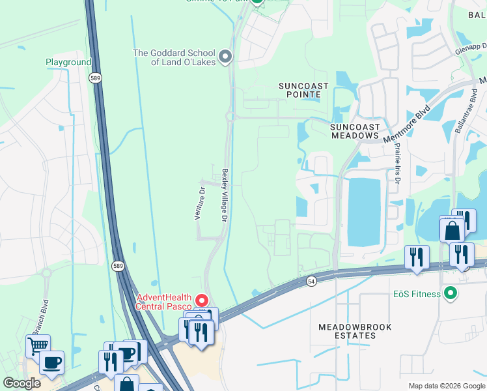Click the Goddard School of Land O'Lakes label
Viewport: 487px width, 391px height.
(x=174, y=57)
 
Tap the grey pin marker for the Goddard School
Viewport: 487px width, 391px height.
(x=226, y=57)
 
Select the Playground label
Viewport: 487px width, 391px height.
(x=68, y=63)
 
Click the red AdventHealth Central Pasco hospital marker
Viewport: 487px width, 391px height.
(x=202, y=300)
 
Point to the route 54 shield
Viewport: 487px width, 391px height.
(x=311, y=280)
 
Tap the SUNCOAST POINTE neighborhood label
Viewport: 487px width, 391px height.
(x=300, y=90)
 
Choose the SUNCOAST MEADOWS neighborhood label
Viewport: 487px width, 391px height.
(x=354, y=130)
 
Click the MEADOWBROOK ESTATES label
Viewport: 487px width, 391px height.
(x=347, y=330)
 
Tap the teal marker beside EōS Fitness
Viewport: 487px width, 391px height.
(x=449, y=293)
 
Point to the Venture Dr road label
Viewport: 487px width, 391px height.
(x=201, y=203)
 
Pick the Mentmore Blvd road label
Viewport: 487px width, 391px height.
(x=407, y=123)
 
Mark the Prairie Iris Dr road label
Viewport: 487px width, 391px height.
(x=395, y=163)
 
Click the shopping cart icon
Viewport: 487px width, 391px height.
(x=38, y=345)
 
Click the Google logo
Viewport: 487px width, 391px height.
(x=22, y=383)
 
